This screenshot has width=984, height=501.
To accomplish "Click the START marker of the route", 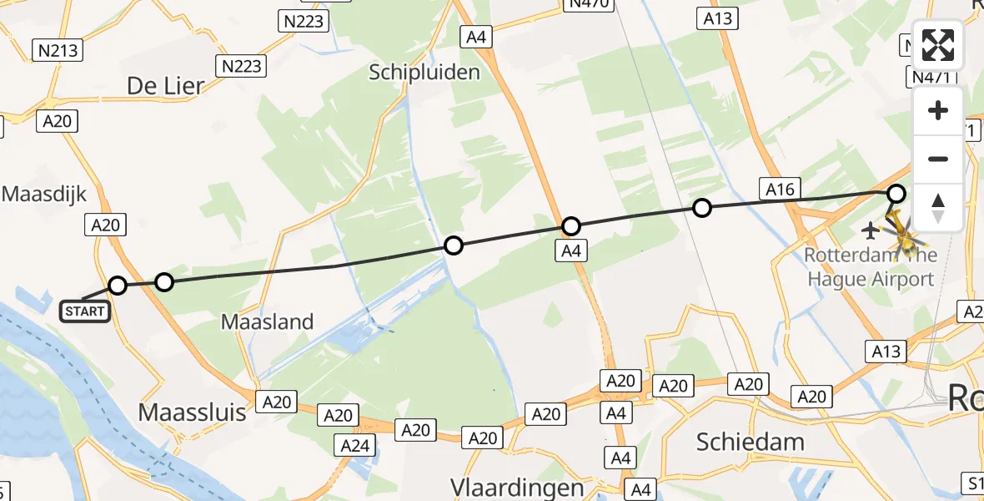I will point(85,311).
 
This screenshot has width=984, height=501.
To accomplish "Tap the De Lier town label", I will point(166,85).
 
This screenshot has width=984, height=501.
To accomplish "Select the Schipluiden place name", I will point(424,72).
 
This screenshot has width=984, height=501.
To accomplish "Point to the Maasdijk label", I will point(44,195).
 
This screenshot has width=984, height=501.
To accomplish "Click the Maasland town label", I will point(268,321).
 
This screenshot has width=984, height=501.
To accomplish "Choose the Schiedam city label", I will point(750,442).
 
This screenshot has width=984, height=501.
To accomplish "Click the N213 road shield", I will point(58,51).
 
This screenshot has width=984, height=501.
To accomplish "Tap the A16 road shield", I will point(780,190).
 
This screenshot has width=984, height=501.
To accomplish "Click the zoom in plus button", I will point(938,111).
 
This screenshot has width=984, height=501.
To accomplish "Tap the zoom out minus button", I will point(938,159).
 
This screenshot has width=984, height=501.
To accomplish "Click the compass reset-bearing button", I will point(938,207).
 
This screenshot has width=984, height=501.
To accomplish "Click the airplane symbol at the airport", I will point(871,229).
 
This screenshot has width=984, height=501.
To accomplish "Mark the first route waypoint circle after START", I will point(118,286).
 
